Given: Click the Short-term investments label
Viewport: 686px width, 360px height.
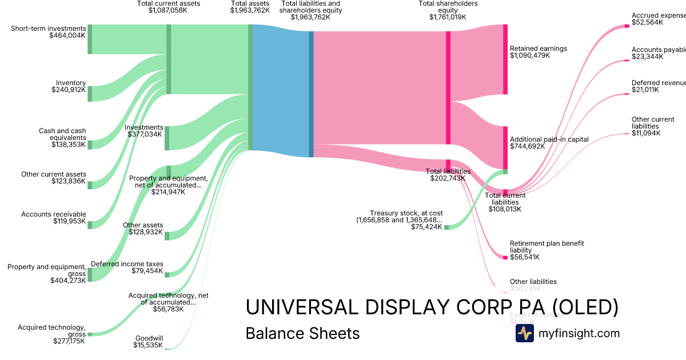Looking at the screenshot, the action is tap(49, 29).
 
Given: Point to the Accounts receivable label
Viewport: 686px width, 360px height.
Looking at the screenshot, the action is tap(54, 214).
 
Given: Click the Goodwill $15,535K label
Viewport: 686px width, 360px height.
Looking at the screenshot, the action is tap(149, 341).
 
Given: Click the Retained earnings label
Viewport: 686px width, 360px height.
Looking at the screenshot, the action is tap(538, 49).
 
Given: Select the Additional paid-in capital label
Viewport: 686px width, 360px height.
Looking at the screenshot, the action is tap(541, 139).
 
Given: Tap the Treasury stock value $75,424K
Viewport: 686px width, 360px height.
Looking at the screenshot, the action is tap(426, 227).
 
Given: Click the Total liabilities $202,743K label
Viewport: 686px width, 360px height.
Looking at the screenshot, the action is tap(448, 174).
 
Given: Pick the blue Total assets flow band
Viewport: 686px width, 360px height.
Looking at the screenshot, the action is tap(280, 91).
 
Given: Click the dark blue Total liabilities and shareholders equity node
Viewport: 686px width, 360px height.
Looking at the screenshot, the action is tap(312, 94).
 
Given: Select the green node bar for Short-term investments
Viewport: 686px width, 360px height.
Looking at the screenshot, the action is tap(90, 39).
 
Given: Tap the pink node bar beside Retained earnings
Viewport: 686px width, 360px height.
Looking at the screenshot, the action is tap(505, 59).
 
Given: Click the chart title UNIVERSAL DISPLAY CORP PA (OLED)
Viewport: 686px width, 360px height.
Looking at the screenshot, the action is tap(432, 307).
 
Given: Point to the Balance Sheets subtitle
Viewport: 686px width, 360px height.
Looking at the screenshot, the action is tap(302, 333).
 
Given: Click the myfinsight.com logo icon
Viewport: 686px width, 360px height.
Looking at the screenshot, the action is tap(524, 333).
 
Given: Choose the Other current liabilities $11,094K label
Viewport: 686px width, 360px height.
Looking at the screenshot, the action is tap(646, 126).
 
